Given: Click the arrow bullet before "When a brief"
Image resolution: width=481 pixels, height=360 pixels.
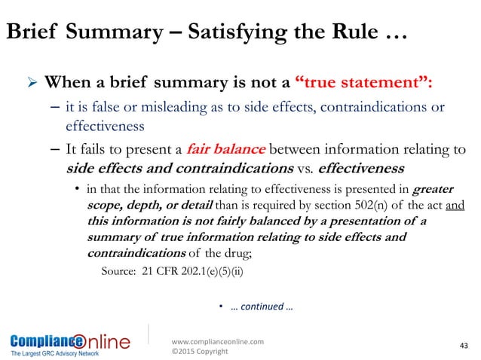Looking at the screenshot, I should [33, 82].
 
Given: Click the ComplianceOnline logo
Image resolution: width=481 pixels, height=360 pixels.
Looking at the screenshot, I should [69, 339].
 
